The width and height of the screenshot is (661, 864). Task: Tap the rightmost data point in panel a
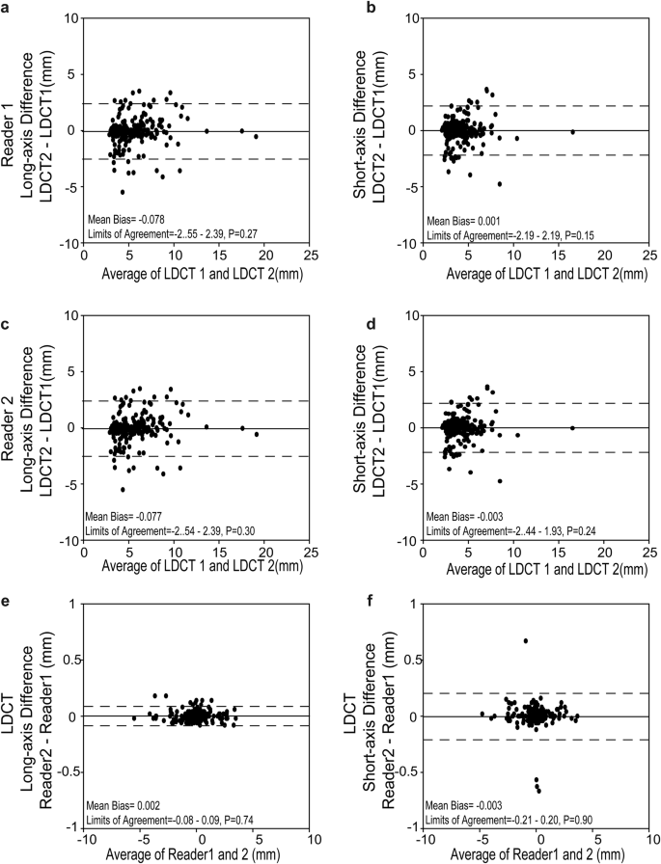(x=256, y=137)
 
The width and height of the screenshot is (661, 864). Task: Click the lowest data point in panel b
(x=499, y=183)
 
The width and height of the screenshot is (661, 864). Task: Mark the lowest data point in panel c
(x=123, y=489)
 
